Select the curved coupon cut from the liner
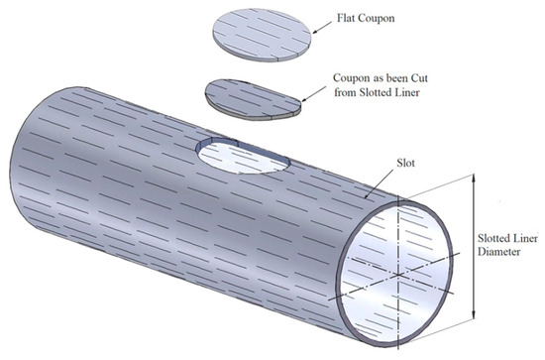click(253, 97)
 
